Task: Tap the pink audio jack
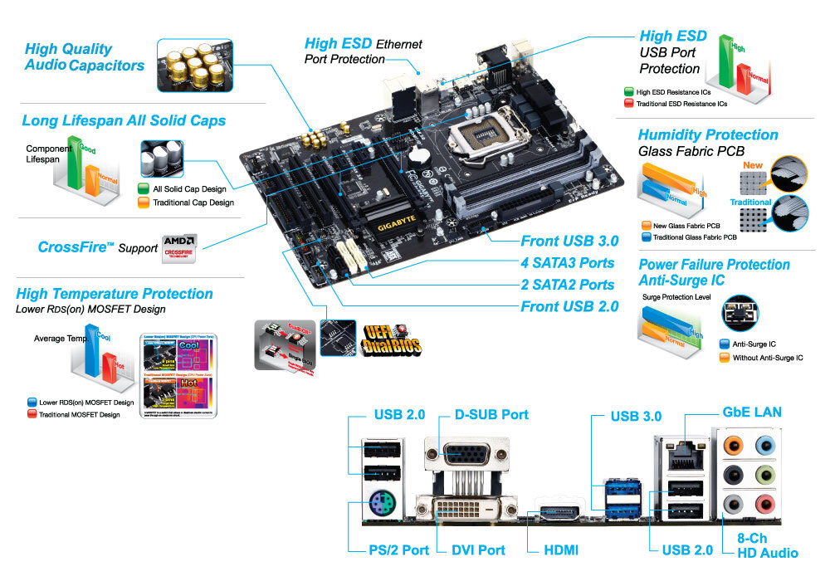pos(763,502)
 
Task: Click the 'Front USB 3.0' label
pos(569,242)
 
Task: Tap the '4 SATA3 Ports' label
pos(567,263)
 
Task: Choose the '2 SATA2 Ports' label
pos(567,285)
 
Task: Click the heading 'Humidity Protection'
pos(708,134)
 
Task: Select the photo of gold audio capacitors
pos(194,65)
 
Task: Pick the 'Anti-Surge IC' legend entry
pos(754,344)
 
